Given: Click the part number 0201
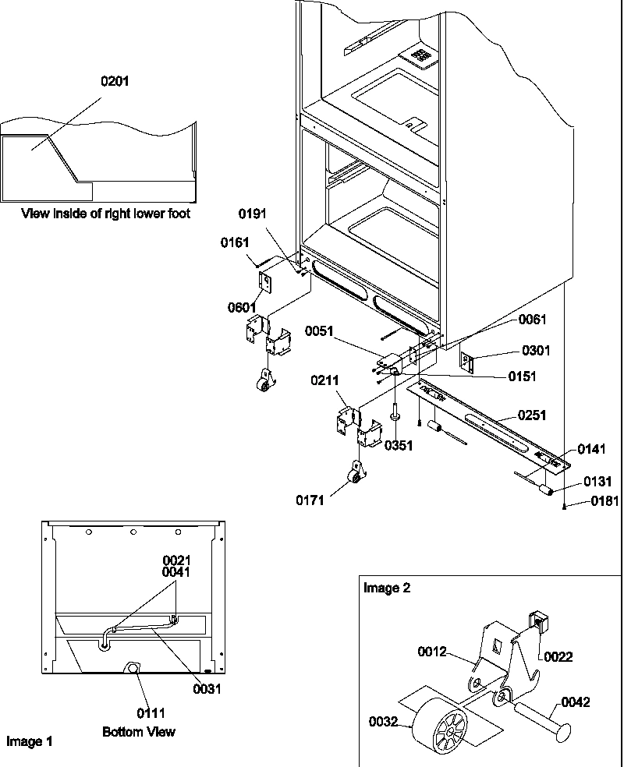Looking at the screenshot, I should (115, 81).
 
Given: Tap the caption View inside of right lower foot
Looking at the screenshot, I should (105, 213).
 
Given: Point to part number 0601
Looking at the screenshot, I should (243, 307).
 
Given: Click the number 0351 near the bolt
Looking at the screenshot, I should (399, 445).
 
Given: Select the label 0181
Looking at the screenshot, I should (604, 502).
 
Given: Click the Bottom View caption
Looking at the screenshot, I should (139, 732).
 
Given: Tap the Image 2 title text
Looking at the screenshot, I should (386, 589).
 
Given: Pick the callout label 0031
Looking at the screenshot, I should (207, 688).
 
